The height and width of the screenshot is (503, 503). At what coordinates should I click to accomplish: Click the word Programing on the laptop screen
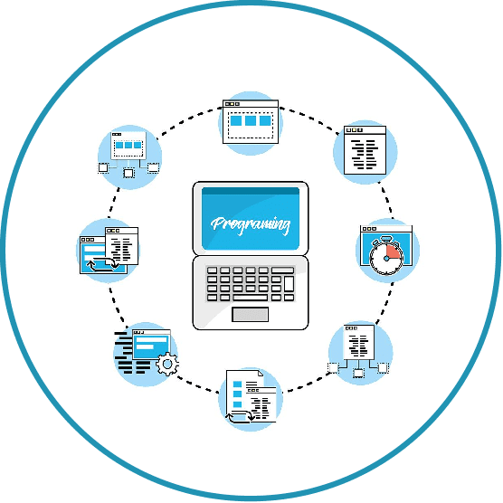coord(251,224)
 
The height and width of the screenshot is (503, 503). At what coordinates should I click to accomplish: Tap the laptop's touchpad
coord(251,315)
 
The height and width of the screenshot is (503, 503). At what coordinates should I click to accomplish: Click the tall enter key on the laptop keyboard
coord(289,283)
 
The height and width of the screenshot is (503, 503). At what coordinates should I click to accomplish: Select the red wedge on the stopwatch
coord(394,252)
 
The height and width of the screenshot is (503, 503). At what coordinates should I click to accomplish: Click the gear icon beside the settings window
coord(167,364)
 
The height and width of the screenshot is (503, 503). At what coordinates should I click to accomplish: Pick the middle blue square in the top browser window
coord(251,120)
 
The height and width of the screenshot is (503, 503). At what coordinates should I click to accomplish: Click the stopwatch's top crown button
coord(385,239)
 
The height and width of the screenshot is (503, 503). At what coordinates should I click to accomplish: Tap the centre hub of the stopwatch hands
coord(386,258)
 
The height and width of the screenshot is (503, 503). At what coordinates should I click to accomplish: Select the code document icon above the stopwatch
coord(365,150)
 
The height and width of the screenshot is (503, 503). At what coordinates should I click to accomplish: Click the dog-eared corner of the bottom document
coord(261,373)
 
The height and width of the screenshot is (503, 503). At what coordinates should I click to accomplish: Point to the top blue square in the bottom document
coord(237,384)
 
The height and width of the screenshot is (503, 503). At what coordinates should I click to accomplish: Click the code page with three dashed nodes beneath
coord(358,351)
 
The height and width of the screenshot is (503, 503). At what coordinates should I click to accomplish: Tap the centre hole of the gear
coord(167,364)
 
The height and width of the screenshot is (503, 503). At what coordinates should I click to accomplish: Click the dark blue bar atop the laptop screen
coord(251,192)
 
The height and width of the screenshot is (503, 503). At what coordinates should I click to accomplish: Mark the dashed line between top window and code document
coord(308,119)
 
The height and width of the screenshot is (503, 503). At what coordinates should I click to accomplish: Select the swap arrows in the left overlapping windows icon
coord(103,265)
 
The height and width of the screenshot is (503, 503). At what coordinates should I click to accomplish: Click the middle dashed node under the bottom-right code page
coord(358,373)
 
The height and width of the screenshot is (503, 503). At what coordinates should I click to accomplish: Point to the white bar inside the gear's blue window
coord(145,346)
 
